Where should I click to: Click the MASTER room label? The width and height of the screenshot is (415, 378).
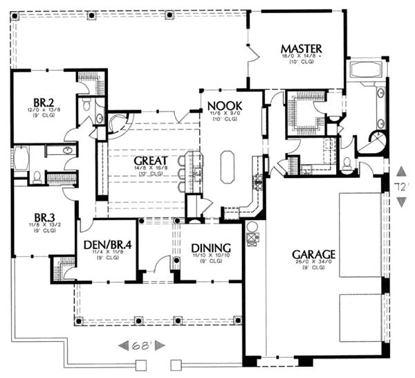click(x=301, y=48)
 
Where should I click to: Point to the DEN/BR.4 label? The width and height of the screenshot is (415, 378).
click(x=108, y=244)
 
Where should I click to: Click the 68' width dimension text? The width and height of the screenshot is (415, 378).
click(x=142, y=344)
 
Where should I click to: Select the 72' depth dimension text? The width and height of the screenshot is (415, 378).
click(x=402, y=186)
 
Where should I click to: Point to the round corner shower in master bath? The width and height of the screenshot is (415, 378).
click(x=379, y=143)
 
